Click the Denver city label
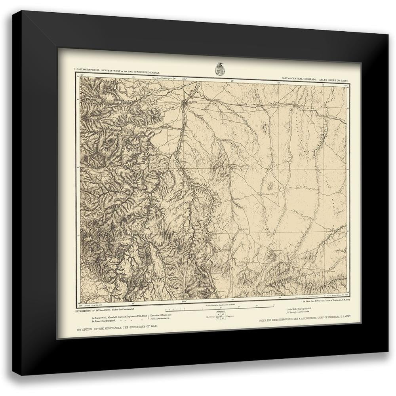[192, 102]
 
